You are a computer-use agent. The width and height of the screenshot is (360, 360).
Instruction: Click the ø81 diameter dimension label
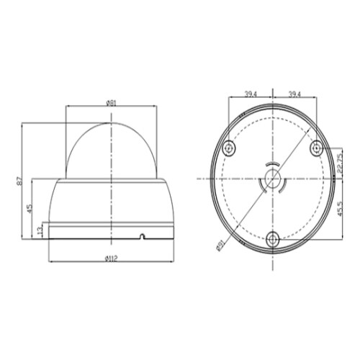111,102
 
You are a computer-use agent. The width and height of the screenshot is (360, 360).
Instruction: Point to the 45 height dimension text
30,208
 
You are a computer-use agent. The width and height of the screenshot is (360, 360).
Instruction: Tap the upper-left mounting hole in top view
228,147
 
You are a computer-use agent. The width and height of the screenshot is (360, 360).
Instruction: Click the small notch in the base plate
142,235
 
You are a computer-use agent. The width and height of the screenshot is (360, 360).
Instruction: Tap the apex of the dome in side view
111,123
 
